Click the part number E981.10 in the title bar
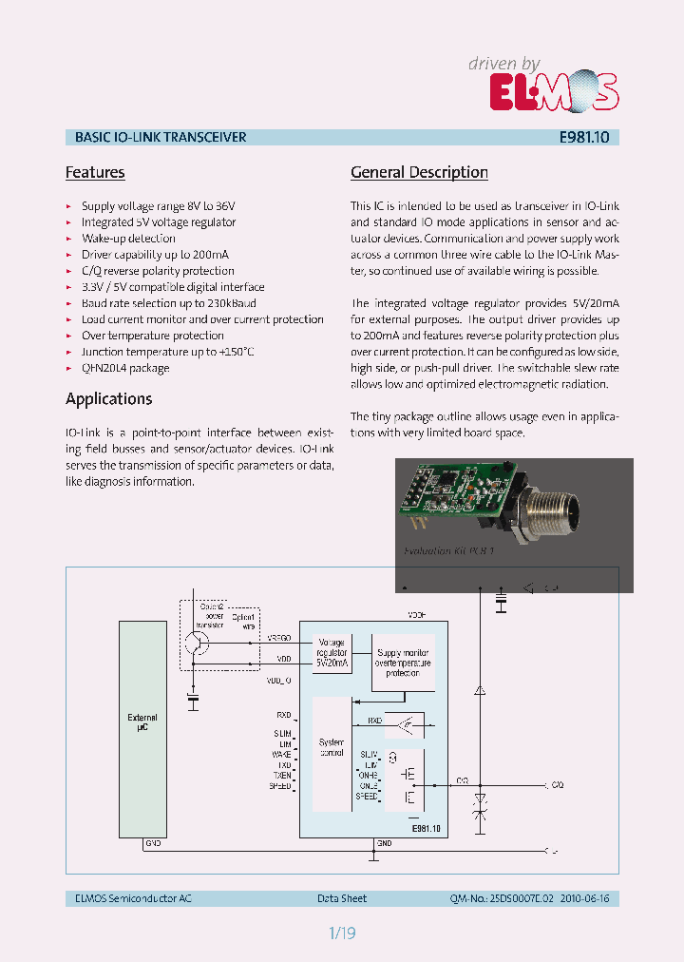(x=584, y=137)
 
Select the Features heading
(x=95, y=172)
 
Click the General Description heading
(x=419, y=172)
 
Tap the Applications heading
(x=108, y=398)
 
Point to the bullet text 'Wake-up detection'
(x=128, y=239)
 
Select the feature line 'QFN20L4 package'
(x=125, y=368)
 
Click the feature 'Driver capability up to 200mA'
(x=155, y=255)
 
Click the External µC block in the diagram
(x=142, y=722)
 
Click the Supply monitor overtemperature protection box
(x=404, y=661)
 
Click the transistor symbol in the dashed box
(x=195, y=643)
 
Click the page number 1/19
(x=342, y=933)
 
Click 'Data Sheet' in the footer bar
(x=342, y=898)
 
